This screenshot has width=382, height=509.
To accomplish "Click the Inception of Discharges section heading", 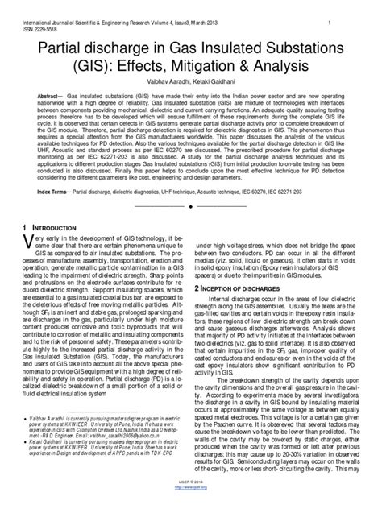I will click(241, 287).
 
